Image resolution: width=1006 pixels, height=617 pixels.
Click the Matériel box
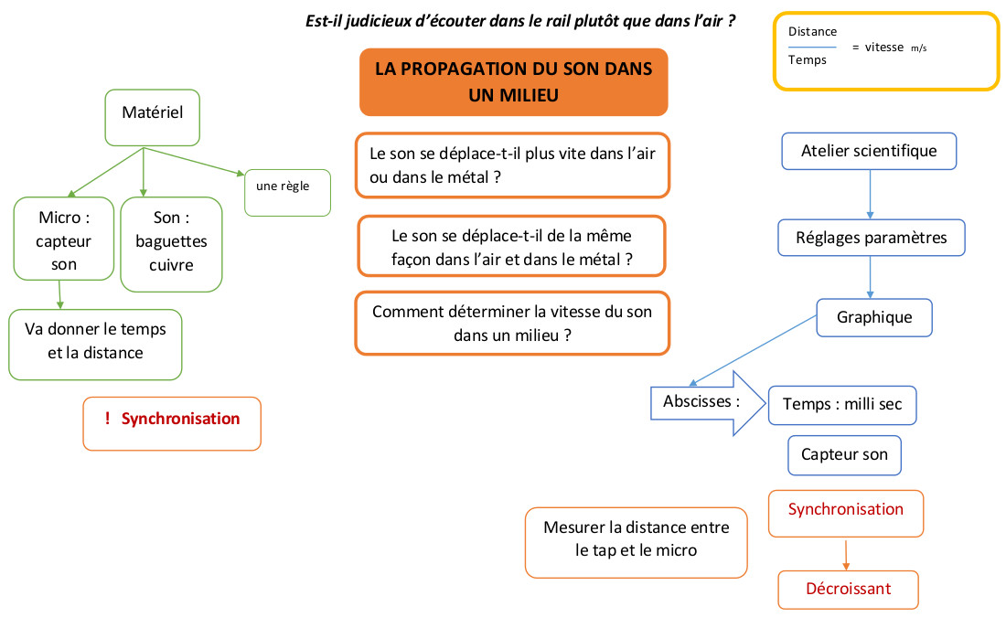tap(152, 117)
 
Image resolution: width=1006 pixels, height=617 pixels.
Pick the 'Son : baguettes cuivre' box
tap(172, 242)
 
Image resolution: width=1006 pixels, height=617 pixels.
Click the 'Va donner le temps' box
tap(95, 344)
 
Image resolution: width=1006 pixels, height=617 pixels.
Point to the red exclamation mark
tap(107, 419)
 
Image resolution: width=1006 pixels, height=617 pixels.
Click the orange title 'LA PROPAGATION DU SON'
tap(513, 82)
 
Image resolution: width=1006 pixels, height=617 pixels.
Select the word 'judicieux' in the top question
tap(382, 19)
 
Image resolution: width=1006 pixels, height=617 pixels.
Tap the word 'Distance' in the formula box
tap(812, 32)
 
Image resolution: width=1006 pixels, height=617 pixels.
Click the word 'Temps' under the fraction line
tap(807, 60)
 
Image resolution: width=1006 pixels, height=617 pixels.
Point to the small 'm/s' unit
tap(918, 48)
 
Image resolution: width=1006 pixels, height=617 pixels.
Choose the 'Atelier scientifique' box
tap(869, 151)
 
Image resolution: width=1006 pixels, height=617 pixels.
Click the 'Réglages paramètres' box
tap(871, 238)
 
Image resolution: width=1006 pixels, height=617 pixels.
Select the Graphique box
tap(874, 317)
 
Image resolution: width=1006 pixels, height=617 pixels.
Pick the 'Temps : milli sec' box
tap(842, 405)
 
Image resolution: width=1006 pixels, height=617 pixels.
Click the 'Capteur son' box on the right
tap(844, 454)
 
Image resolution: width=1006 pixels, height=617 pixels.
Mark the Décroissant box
tap(848, 589)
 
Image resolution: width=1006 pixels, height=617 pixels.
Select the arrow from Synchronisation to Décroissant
tap(846, 554)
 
